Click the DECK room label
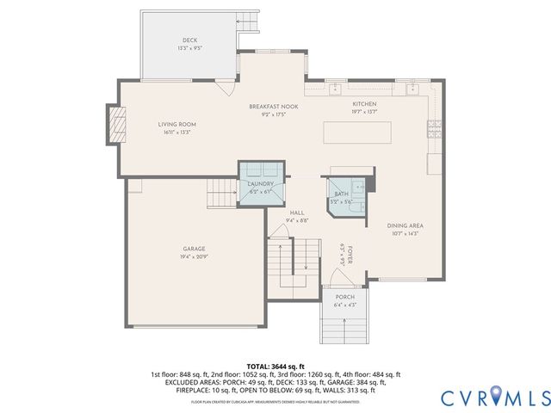click(x=189, y=40)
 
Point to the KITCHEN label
click(x=364, y=104)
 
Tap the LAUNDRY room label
click(x=260, y=183)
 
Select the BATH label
click(x=341, y=194)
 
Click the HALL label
click(x=297, y=213)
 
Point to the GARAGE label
click(x=193, y=249)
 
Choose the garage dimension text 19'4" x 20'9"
click(x=193, y=257)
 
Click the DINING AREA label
click(x=404, y=225)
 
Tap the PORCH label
click(x=344, y=297)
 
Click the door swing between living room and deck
click(x=226, y=86)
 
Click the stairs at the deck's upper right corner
click(x=247, y=22)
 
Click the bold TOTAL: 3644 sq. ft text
click(x=275, y=367)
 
